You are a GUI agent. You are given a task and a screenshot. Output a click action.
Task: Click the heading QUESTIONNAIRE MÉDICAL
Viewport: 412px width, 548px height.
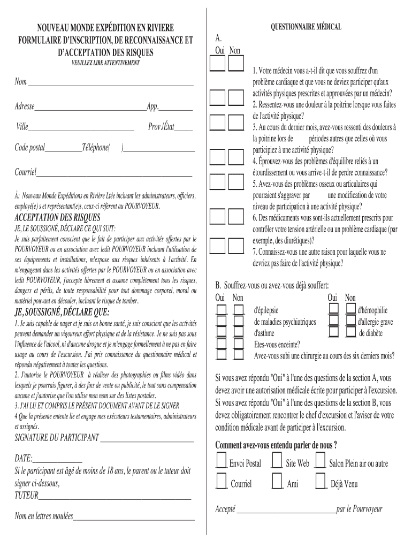click(306, 27)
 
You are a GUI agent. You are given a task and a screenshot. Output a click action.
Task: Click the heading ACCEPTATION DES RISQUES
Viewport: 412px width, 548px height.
click(57, 217)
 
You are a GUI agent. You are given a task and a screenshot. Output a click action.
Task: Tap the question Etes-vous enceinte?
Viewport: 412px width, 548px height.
click(277, 345)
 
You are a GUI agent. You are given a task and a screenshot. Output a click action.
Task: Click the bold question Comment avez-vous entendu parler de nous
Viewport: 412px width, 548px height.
click(276, 445)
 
